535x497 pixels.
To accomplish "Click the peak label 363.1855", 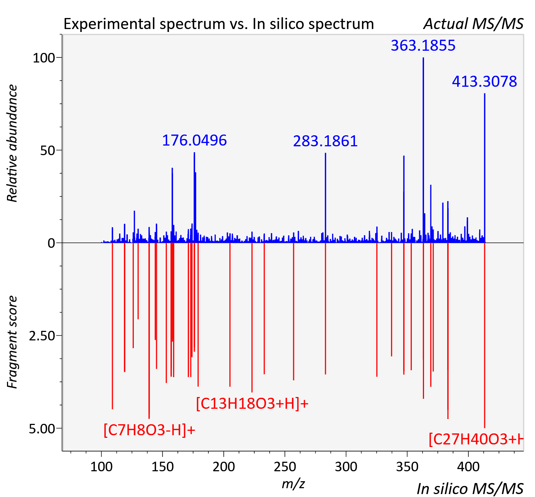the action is (x=423, y=46).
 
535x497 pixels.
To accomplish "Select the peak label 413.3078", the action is (x=484, y=81).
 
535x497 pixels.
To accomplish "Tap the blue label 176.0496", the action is (x=194, y=140).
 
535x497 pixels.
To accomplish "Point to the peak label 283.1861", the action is (x=326, y=141).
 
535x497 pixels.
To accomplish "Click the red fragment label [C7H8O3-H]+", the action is (x=149, y=429).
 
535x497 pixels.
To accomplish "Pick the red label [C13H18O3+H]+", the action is (x=252, y=404).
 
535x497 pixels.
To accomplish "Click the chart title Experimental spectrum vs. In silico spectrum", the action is (x=219, y=24).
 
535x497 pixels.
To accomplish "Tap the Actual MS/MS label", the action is (x=474, y=24).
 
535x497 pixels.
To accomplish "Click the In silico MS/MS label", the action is (x=470, y=489).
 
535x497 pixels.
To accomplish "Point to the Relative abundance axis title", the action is (x=12, y=143).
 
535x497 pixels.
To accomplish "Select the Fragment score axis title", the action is (x=12, y=342).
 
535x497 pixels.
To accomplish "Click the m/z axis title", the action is (x=293, y=484).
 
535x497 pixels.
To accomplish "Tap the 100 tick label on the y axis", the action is (x=44, y=58).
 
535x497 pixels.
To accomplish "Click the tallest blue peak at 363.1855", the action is (x=423, y=150).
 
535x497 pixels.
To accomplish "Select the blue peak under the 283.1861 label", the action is (x=326, y=198).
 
